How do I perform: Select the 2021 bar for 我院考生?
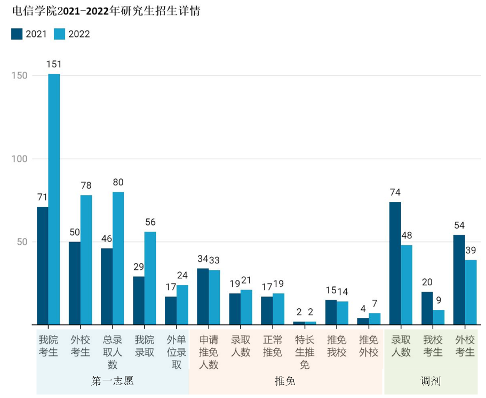coord(43,266)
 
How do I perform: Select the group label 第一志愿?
coord(112,381)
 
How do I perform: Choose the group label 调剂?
coord(431,381)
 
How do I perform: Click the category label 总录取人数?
coord(112,352)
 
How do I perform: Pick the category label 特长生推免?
coord(305,352)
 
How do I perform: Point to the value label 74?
coord(395,192)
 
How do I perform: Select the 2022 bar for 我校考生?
coord(439,317)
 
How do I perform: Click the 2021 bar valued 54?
coord(459,279)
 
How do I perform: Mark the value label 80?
coord(118,182)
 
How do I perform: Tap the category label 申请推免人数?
coord(209,352)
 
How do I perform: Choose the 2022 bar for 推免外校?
coord(375,319)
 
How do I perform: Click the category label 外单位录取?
coord(177,352)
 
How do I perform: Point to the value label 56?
coord(150,222)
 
